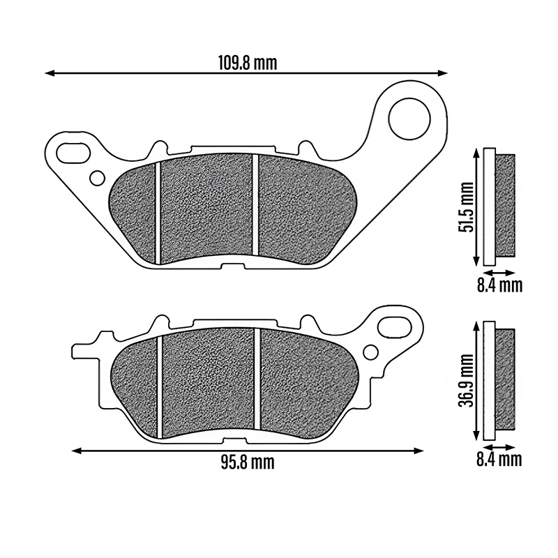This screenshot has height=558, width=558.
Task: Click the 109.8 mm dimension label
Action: [248, 63]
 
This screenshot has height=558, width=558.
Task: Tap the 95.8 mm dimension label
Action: [248, 462]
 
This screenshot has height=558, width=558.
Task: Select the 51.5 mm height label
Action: [466, 207]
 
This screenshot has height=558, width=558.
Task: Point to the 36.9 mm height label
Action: [466, 380]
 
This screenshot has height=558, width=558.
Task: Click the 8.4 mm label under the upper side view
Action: [499, 285]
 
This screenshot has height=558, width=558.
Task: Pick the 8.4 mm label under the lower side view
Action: [499, 460]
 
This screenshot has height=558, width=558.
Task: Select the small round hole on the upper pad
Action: [97, 179]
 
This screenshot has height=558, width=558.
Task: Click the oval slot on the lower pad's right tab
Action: [395, 326]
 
